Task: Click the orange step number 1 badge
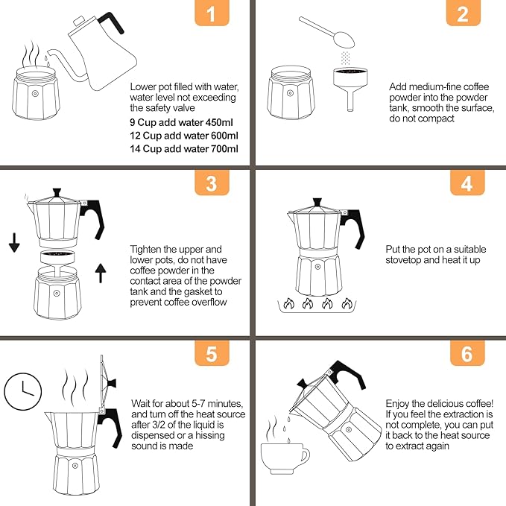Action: pos(212,14)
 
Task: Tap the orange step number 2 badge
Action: pos(467,14)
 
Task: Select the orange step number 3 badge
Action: pos(212,183)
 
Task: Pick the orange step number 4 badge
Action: pos(467,183)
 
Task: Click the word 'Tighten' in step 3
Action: pos(148,249)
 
